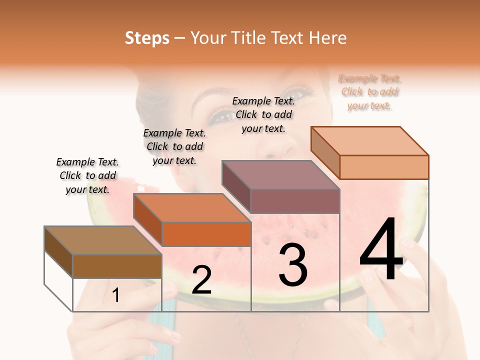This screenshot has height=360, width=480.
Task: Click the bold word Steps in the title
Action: (x=147, y=38)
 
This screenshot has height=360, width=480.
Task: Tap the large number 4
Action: (x=381, y=250)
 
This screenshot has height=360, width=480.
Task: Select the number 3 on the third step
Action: (x=293, y=265)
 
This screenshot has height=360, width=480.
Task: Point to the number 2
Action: (x=201, y=280)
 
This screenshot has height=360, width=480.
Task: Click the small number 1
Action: (x=116, y=295)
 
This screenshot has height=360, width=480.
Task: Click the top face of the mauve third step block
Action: (x=280, y=175)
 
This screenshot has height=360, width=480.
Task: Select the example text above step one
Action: (x=87, y=175)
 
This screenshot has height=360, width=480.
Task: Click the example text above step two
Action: (x=174, y=146)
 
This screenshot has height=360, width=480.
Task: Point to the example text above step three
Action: (x=263, y=114)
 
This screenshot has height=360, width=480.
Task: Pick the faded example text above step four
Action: (x=369, y=92)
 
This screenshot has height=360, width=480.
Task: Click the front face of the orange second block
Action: (x=206, y=234)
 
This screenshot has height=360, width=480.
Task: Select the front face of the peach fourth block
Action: (x=384, y=167)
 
